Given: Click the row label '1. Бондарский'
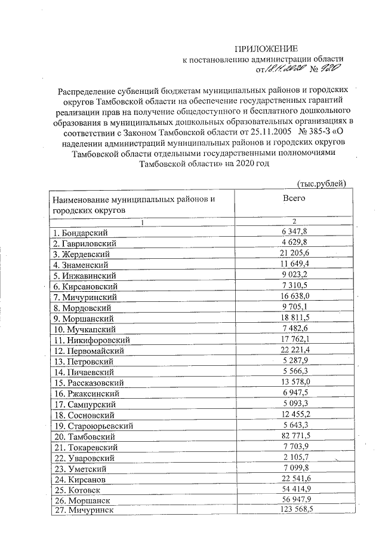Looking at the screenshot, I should [81, 233].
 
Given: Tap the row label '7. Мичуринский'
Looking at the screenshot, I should [84, 297].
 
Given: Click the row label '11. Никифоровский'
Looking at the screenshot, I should [91, 340].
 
